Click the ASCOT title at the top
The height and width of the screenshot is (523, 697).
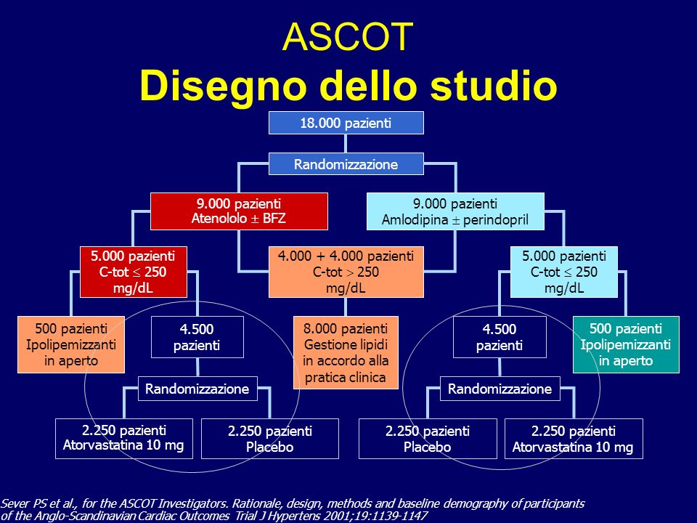pyautogui.click(x=348, y=36)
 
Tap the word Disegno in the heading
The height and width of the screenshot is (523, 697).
pyautogui.click(x=223, y=86)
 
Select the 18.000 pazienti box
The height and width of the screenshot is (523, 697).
pyautogui.click(x=346, y=123)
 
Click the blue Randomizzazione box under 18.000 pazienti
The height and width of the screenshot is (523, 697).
pyautogui.click(x=346, y=164)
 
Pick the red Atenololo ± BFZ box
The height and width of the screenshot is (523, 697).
pyautogui.click(x=239, y=211)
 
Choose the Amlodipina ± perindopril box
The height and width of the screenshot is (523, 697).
pyautogui.click(x=455, y=211)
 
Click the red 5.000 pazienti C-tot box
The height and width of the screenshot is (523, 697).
pyautogui.click(x=134, y=272)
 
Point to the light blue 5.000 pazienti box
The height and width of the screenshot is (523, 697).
pyautogui.click(x=563, y=272)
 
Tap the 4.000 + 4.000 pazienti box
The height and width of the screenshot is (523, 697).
pyautogui.click(x=346, y=272)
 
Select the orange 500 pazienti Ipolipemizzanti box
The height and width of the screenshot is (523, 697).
pyautogui.click(x=71, y=344)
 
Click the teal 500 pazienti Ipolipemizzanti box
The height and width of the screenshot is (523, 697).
pyautogui.click(x=626, y=344)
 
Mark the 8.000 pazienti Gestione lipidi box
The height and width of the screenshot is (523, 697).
pyautogui.click(x=346, y=353)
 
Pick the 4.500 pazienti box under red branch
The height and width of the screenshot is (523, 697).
pyautogui.click(x=197, y=337)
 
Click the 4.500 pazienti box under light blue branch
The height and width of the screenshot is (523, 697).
pyautogui.click(x=500, y=337)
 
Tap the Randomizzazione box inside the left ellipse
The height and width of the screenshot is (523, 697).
pyautogui.click(x=197, y=389)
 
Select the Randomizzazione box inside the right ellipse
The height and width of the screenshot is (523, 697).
pyautogui.click(x=500, y=389)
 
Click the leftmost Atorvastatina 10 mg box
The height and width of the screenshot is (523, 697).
pyautogui.click(x=124, y=439)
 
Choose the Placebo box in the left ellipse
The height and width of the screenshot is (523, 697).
pyautogui.click(x=270, y=439)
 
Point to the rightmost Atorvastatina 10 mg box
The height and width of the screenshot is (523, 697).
pyautogui.click(x=574, y=439)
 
